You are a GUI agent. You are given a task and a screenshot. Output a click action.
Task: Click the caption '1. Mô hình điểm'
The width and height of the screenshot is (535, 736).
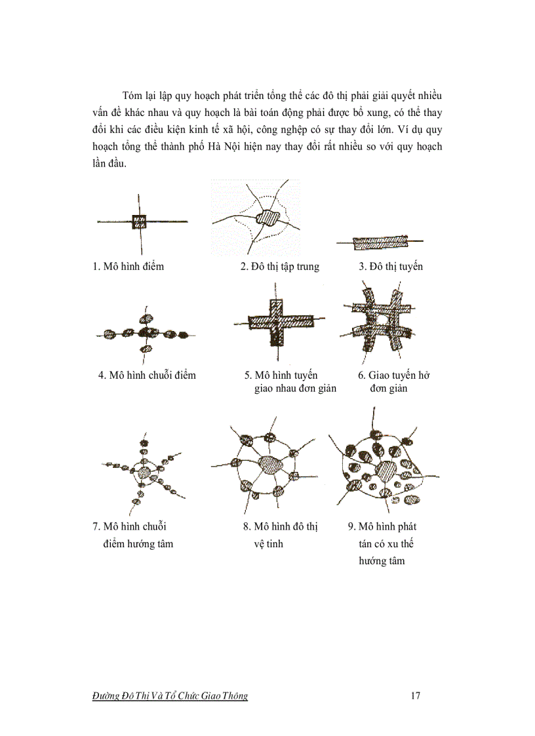[128, 267]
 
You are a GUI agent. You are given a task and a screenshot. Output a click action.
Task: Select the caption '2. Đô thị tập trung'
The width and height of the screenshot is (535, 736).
[279, 267]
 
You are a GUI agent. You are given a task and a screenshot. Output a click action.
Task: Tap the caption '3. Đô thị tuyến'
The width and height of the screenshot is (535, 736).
[390, 267]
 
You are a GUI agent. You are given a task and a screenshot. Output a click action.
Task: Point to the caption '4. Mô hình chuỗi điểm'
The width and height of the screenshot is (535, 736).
[147, 376]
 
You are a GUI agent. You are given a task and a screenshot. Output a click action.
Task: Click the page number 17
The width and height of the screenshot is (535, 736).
[415, 696]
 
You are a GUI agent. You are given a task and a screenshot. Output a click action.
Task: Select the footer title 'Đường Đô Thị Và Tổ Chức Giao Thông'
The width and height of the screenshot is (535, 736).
[170, 696]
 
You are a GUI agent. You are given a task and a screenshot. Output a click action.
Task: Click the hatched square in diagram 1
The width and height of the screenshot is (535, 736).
[140, 222]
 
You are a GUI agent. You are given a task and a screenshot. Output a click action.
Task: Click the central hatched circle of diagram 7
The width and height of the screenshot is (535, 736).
[144, 473]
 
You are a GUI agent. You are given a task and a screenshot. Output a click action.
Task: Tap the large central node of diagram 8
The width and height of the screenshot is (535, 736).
[270, 465]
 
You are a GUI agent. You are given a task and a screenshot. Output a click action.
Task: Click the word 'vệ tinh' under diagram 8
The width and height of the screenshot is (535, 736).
[269, 544]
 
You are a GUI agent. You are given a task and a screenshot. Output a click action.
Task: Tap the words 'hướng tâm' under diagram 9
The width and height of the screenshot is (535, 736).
[382, 561]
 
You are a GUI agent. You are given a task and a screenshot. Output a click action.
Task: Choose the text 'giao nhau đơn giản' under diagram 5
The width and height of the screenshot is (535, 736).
[295, 389]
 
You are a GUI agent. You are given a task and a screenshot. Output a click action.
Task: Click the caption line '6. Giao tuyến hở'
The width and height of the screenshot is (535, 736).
[393, 376]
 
